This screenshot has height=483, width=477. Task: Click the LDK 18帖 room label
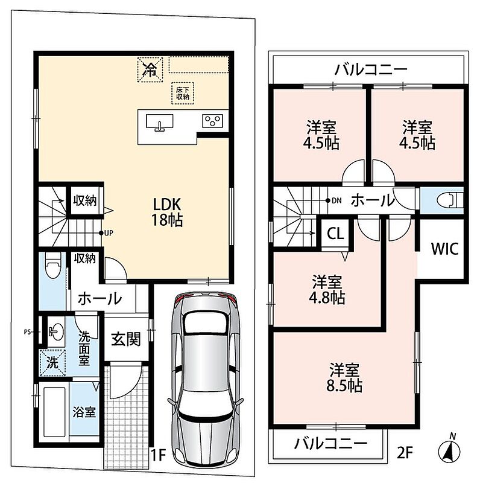pos(167,212)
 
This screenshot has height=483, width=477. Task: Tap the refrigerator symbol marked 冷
pos(150,69)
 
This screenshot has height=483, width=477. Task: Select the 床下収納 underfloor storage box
pos(183,93)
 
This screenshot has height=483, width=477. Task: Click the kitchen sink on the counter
pos(159,123)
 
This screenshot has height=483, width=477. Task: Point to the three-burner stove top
pos(212,120)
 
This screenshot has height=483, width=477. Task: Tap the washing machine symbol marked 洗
pos(52,363)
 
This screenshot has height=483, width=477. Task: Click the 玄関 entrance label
pos(126,339)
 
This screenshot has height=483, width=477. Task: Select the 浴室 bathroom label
pos(84,412)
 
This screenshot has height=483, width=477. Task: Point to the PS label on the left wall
pos(27,332)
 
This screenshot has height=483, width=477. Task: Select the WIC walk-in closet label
pos(444,249)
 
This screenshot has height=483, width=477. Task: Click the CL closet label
pos(335,234)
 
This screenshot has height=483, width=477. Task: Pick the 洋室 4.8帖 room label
pos(327,290)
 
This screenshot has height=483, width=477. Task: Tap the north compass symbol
pos(449,450)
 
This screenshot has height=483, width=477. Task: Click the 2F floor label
pos(405,453)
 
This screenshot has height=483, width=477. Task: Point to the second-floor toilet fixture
pos(450,200)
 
